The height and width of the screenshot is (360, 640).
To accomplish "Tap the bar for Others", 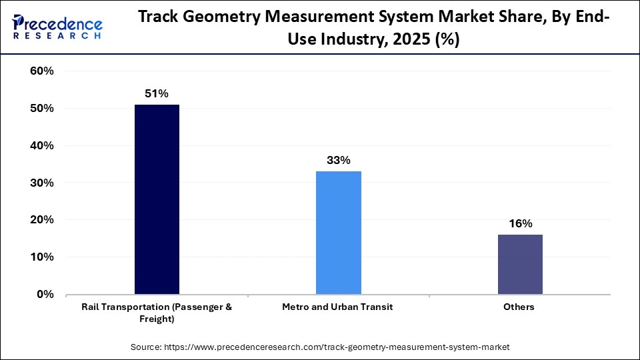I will [520, 264].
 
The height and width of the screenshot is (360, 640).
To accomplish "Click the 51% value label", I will [157, 94].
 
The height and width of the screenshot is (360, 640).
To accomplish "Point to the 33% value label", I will [338, 160].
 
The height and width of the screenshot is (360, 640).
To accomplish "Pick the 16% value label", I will [520, 224].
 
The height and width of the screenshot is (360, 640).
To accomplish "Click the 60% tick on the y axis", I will [42, 71].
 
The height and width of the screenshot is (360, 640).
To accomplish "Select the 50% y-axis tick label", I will [42, 109].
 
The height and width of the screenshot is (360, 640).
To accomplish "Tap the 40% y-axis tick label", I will [42, 145].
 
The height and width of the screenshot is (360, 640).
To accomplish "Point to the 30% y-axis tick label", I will [42, 183].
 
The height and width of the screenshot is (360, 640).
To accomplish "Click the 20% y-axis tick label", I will [42, 220].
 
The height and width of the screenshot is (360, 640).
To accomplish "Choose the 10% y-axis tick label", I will [42, 257].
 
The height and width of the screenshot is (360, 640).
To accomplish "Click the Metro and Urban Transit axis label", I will [338, 307].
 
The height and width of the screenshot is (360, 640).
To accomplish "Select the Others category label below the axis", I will [520, 307].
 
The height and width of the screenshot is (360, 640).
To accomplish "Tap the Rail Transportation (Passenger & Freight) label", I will [157, 313].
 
